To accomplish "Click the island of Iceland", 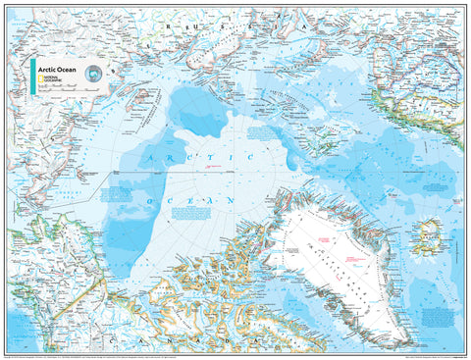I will [x=429, y=237].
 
